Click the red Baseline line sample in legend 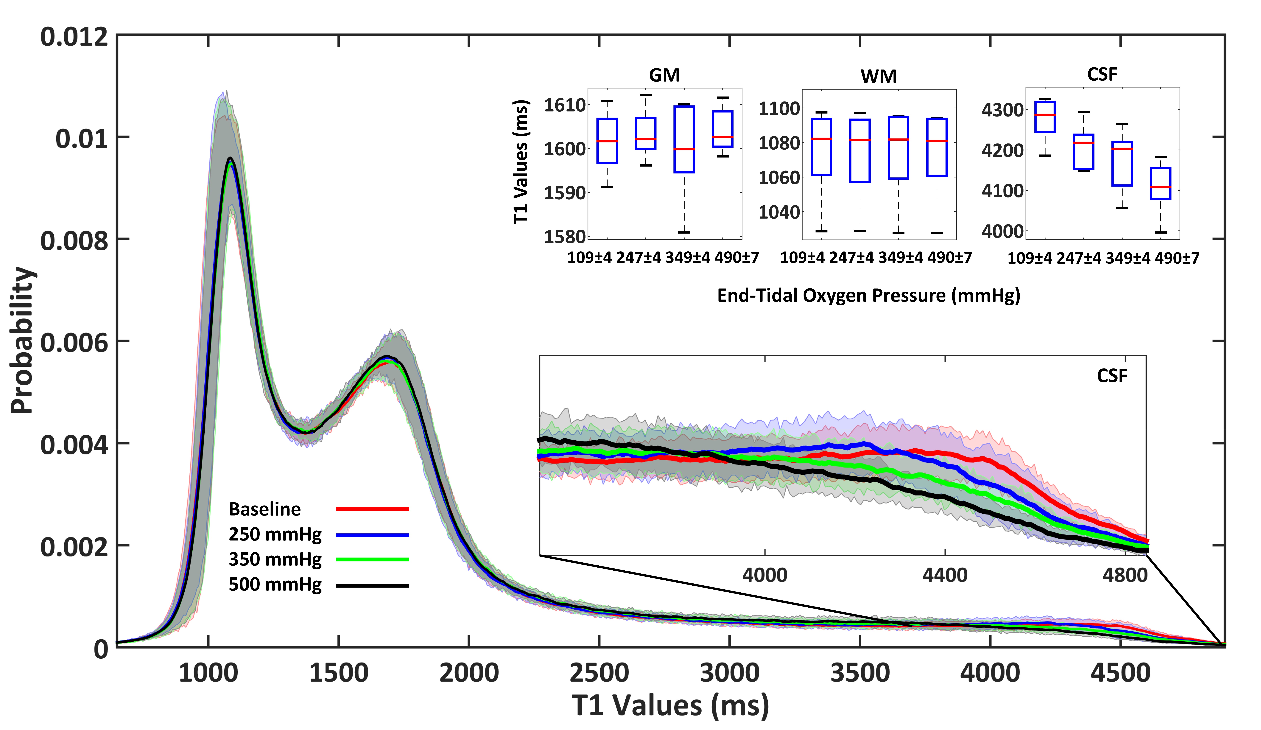pos(372,509)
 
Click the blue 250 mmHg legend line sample pos(372,535)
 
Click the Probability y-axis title pos(23,340)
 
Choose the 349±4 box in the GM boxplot pos(684,139)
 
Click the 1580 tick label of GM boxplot pos(564,236)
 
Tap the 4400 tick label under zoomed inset pos(945,575)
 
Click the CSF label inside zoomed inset pos(1112,376)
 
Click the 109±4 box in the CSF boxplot pos(1045,117)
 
